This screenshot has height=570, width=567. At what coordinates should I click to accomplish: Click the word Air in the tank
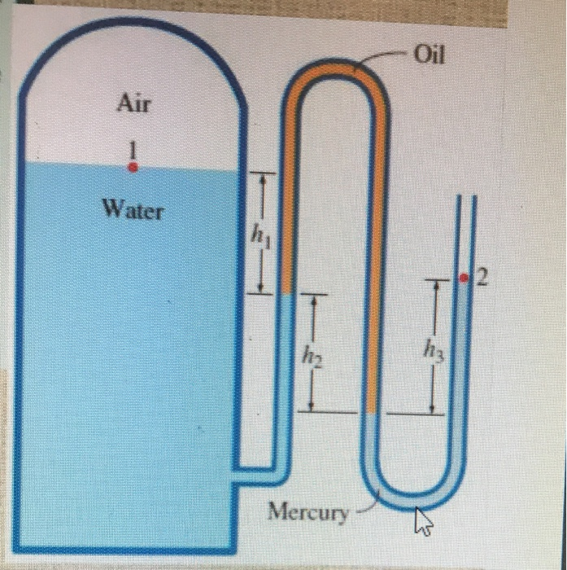134,103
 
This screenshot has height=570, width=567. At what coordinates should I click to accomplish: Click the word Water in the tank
133,210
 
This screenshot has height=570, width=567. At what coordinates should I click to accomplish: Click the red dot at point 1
133,166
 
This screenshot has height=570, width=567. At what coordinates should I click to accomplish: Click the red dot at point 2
464,278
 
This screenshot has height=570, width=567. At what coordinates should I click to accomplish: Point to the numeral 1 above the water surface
133,149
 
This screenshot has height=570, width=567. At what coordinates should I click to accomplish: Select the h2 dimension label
312,356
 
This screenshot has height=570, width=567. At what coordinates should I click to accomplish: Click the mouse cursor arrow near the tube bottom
421,522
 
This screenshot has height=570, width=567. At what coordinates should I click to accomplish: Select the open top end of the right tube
464,198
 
